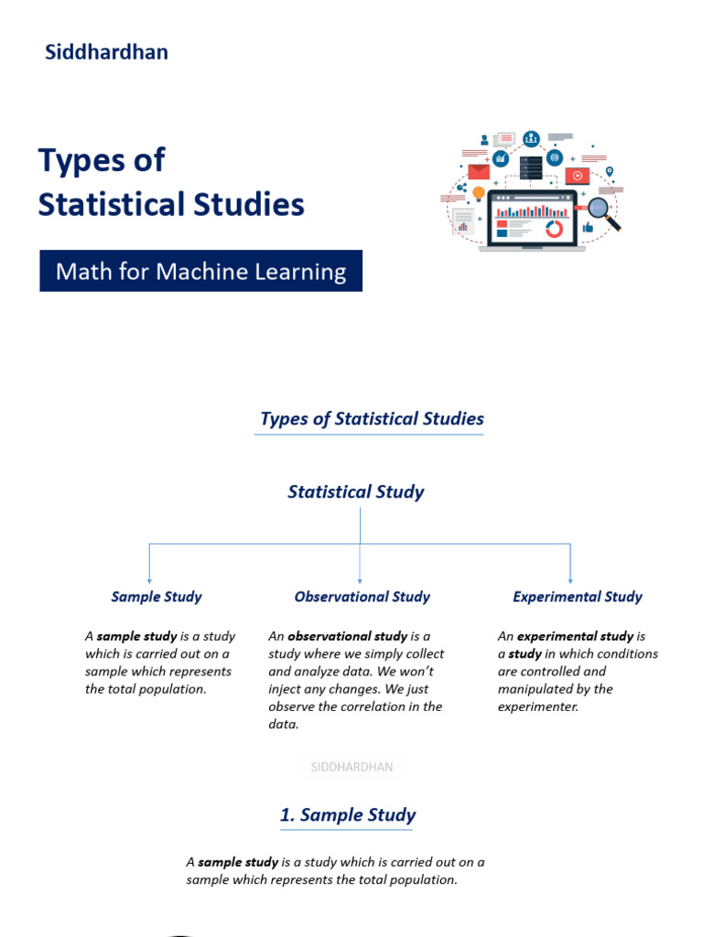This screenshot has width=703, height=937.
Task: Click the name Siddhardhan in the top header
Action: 106,52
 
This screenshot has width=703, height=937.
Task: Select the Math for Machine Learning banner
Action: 200,272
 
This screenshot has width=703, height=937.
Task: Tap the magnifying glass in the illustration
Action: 603,212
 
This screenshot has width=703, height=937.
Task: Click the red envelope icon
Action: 479,171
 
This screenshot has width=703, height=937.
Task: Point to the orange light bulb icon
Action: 478,193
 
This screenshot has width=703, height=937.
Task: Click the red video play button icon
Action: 577,176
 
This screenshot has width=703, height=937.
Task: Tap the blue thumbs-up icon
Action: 587,227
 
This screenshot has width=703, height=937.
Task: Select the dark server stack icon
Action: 531,168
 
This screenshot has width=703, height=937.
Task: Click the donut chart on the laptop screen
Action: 554,229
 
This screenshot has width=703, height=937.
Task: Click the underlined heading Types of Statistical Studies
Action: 372,419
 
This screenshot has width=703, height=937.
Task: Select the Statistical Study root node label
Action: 356,491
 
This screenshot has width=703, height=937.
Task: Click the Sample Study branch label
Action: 157,597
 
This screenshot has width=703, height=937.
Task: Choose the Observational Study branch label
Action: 362,597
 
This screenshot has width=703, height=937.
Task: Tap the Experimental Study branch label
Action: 578,597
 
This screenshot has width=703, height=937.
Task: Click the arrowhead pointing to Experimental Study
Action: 570,579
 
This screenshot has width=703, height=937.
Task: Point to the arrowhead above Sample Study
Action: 149,579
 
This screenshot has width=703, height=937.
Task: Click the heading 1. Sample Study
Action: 348,815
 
